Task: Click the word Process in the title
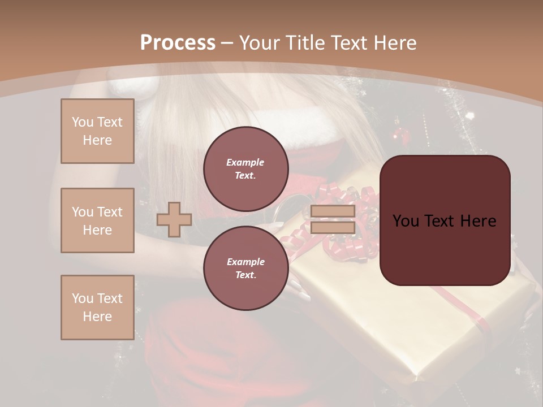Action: coord(178,43)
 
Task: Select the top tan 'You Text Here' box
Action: coord(97,131)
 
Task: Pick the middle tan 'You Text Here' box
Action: coord(97,220)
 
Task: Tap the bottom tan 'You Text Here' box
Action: coord(97,308)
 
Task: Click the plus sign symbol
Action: coord(174,220)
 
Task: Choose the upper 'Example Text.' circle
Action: coord(245,168)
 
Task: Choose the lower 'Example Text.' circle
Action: coord(245,268)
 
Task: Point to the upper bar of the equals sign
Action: coord(333,211)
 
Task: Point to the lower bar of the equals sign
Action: coord(333,227)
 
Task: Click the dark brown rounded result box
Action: coord(445,249)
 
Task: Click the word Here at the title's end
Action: coord(393,43)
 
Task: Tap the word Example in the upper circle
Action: coord(245,162)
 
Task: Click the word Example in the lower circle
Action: coord(245,262)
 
